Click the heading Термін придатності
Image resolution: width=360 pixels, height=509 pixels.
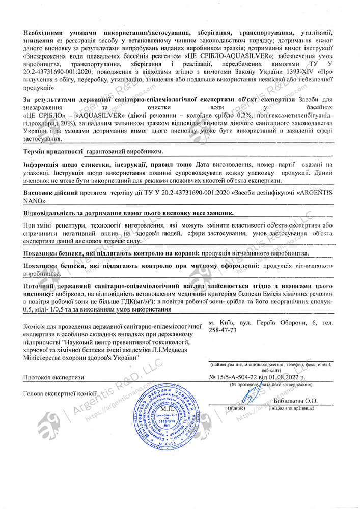[x=53, y=152]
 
